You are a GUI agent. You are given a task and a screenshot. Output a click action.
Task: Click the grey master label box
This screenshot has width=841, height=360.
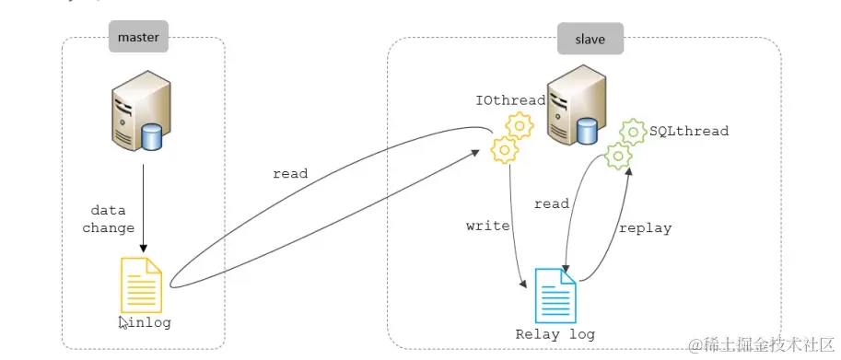139,39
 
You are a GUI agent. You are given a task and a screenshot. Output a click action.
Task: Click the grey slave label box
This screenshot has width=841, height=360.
590,39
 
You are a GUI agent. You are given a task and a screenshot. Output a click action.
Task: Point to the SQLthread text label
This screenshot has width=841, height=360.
689,132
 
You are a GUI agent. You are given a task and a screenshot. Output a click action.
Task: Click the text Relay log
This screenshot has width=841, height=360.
555,334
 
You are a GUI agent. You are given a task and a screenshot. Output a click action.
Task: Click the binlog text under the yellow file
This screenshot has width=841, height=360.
147,322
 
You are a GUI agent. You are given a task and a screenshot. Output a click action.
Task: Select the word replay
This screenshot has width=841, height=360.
645,227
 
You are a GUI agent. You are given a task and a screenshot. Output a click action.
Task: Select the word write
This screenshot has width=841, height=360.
488,226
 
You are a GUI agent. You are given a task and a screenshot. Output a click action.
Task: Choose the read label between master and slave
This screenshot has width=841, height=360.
290,173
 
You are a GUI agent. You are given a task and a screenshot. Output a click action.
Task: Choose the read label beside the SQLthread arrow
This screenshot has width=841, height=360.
551,203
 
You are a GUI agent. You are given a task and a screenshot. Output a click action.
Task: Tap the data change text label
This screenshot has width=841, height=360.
109,219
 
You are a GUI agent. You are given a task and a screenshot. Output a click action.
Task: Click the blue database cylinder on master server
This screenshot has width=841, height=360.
152,138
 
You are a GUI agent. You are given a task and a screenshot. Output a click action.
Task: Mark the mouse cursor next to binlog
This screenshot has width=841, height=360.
123,322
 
